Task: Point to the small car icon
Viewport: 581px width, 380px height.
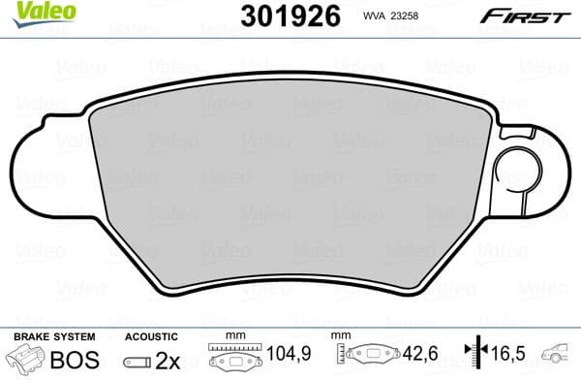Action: pos(559,357)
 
